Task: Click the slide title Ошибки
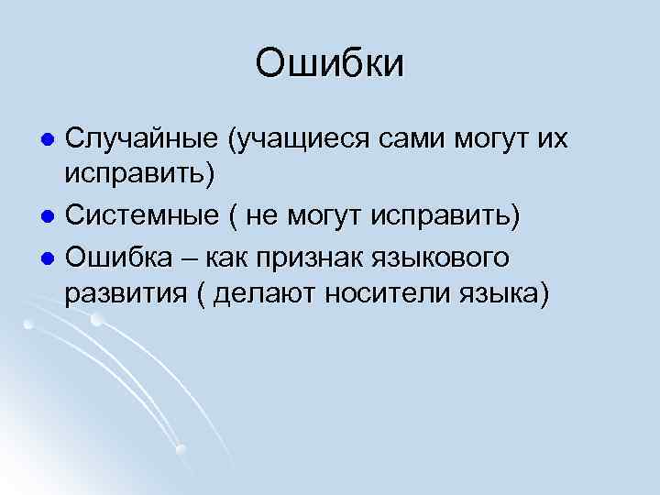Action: point(329,64)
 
